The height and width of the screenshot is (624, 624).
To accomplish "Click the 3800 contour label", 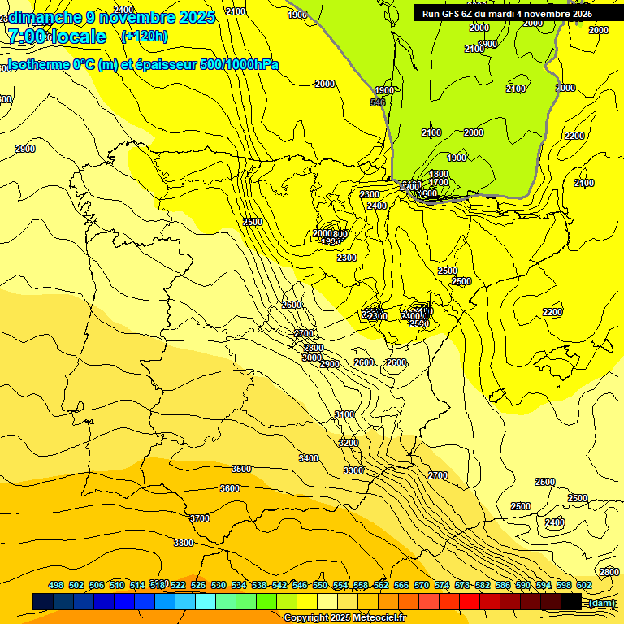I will pyautogui.click(x=184, y=543).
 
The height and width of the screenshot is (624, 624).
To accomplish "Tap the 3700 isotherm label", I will pyautogui.click(x=200, y=518).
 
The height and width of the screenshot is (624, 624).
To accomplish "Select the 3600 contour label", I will pyautogui.click(x=230, y=488).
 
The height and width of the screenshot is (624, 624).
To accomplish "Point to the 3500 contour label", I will pyautogui.click(x=241, y=469).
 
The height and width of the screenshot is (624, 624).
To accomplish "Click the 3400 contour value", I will pyautogui.click(x=309, y=458).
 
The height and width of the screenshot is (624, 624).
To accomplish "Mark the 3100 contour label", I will pyautogui.click(x=344, y=414).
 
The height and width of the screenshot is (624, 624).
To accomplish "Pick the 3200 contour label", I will pyautogui.click(x=349, y=443).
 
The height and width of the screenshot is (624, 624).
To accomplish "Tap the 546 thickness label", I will pyautogui.click(x=378, y=102).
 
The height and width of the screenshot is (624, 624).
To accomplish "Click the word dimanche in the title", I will pyautogui.click(x=45, y=17).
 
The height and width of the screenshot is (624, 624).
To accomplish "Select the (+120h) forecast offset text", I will pyautogui.click(x=145, y=36).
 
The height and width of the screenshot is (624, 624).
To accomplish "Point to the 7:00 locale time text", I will pyautogui.click(x=57, y=37).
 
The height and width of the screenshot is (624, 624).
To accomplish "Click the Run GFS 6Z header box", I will pyautogui.click(x=507, y=14).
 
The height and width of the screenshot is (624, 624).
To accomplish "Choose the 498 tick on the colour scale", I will pyautogui.click(x=56, y=585).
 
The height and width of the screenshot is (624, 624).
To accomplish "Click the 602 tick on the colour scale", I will pyautogui.click(x=584, y=585).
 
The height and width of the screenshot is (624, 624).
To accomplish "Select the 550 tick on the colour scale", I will pyautogui.click(x=320, y=585).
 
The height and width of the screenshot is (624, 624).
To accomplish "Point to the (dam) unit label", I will pyautogui.click(x=602, y=603).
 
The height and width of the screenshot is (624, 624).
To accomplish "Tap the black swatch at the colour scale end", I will pyautogui.click(x=571, y=601).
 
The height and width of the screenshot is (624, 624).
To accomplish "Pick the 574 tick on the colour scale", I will pyautogui.click(x=442, y=585).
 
